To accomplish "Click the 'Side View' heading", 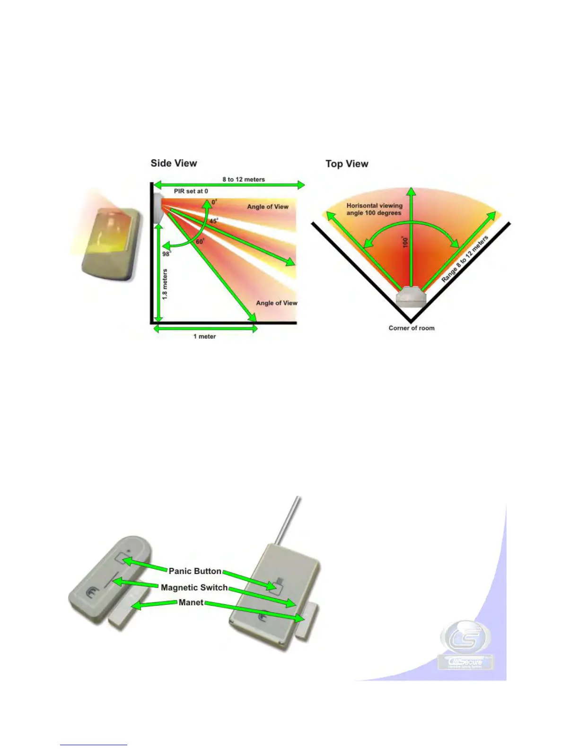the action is [174, 164].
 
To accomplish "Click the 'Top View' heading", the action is [347, 164].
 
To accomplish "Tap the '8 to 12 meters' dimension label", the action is [244, 180].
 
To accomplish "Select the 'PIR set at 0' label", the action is [191, 192].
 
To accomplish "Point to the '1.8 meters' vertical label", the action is [165, 284].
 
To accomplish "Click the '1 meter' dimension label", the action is [204, 337].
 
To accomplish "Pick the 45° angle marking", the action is [214, 221].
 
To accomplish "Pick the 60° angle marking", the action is [200, 242].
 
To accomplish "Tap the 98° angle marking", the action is [166, 254].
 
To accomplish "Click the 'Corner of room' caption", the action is [412, 328].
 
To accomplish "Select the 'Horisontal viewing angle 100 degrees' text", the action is [374, 209].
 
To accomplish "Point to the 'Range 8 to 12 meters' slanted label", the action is [465, 260].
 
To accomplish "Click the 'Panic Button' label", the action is [195, 571].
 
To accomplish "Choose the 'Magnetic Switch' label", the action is [194, 588].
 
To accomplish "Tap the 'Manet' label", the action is [191, 603].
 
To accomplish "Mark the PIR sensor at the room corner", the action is [411, 297].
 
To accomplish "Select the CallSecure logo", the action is [465, 645].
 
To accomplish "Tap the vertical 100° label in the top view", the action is [405, 243].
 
